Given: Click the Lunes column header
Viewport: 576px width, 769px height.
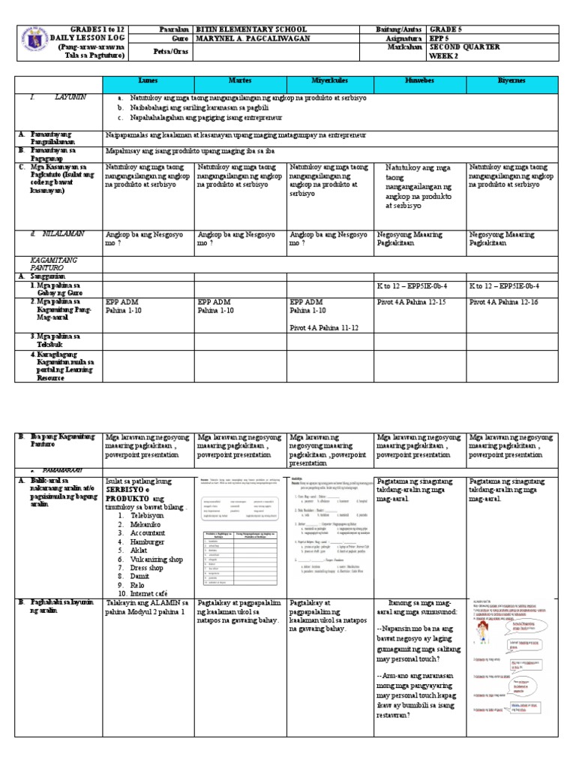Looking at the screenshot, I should [148, 80].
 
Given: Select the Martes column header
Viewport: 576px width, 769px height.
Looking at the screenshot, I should [239, 80].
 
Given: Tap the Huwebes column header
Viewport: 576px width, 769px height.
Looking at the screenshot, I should [419, 80].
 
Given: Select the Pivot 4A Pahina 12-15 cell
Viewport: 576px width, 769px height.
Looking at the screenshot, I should [410, 301].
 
